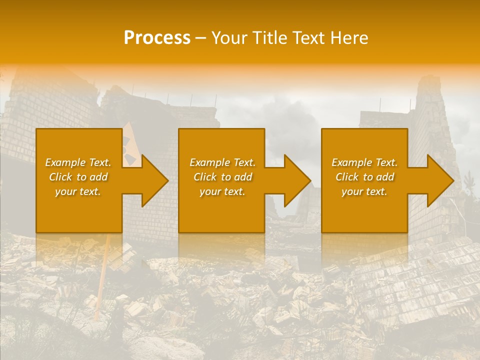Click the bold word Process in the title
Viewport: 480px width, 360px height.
[x=157, y=38]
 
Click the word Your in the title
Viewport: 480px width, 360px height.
[x=228, y=38]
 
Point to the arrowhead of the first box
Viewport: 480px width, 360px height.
[x=152, y=180]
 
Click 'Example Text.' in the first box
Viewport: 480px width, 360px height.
[x=78, y=162]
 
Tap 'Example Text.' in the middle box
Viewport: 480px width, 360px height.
[x=222, y=162]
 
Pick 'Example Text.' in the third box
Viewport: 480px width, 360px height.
[x=364, y=162]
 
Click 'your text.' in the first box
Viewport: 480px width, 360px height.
[x=78, y=191]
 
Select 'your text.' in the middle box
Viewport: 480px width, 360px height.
[x=222, y=191]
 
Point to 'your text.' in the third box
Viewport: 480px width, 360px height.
[x=364, y=191]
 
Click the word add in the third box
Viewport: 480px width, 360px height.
[x=385, y=177]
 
